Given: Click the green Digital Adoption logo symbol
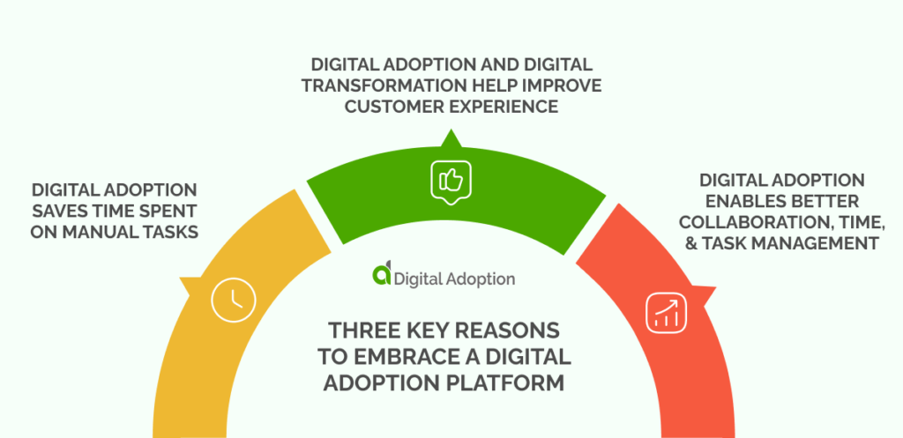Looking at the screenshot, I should tap(381, 277).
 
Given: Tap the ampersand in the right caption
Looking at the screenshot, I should tap(689, 243).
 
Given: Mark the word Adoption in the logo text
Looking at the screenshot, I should tap(480, 278).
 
